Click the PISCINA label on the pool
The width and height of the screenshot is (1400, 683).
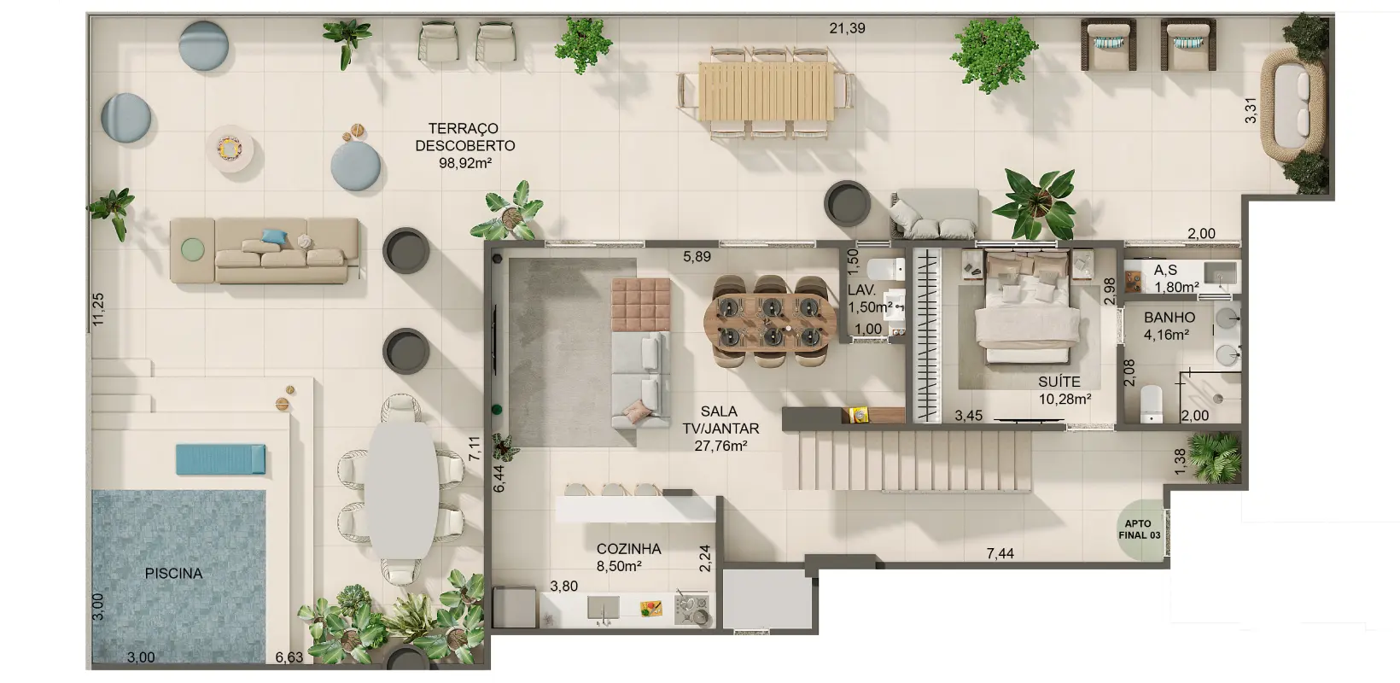pos(174,574)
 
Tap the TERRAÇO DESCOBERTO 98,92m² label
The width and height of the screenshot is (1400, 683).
pos(465,146)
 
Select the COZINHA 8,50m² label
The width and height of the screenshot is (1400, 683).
pos(628,557)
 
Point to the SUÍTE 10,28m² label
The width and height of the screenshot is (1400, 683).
pos(1065,390)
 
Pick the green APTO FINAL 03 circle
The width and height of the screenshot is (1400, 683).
pos(1140,530)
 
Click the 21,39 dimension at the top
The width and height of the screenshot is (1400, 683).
pos(847,28)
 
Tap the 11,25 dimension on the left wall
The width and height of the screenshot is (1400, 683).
pos(98,309)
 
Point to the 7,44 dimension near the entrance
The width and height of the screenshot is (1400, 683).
pos(1000,553)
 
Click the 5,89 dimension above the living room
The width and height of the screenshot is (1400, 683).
pos(697,256)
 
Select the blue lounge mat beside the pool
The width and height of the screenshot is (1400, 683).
pos(220,459)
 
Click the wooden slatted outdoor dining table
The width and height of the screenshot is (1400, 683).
pos(766,91)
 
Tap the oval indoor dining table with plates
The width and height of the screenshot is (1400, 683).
pos(770,323)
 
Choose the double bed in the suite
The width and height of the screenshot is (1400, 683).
pos(1027,307)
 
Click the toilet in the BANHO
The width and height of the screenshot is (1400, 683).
pos(1152,404)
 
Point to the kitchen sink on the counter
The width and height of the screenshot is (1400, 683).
pos(604,607)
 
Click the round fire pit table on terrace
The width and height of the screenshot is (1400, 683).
pos(230,149)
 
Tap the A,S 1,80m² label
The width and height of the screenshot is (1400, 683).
pos(1175,278)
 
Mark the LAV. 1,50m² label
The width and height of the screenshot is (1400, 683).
pos(870,299)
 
